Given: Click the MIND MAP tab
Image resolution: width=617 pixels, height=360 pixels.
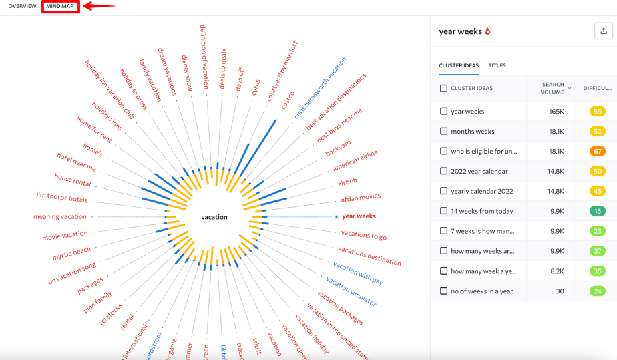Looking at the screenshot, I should (x=60, y=6).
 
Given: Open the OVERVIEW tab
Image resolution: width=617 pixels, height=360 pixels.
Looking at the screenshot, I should (x=22, y=6).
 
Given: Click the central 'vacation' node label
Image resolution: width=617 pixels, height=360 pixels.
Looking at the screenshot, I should (x=214, y=217).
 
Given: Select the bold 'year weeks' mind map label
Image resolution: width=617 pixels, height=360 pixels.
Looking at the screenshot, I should (x=359, y=216).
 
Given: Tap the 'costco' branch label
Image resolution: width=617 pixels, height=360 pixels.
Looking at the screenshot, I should (x=288, y=102).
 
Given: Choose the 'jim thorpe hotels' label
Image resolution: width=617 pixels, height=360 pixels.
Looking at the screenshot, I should (x=61, y=198).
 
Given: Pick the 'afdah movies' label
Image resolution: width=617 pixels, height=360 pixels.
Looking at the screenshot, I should (x=361, y=197).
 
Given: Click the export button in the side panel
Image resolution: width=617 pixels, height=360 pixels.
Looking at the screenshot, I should (x=604, y=31).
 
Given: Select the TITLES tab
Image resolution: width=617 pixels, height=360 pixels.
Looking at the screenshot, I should (x=497, y=65).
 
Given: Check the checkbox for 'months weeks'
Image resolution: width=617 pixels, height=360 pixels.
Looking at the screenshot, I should (x=444, y=132).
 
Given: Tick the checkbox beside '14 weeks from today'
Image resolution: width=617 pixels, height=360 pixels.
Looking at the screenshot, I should (x=444, y=211).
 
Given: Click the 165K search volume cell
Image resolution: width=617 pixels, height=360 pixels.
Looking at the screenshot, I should (x=556, y=112).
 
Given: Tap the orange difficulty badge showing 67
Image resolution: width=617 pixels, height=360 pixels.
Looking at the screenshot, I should (x=597, y=152).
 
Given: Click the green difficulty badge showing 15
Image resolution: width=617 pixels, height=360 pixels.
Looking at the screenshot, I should (x=597, y=211).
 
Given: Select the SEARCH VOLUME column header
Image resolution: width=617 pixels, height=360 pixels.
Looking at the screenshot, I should (x=553, y=88).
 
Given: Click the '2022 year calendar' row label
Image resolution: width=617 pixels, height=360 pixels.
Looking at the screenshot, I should (x=479, y=172).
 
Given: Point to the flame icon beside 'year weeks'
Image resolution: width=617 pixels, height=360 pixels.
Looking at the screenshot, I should (x=487, y=31).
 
